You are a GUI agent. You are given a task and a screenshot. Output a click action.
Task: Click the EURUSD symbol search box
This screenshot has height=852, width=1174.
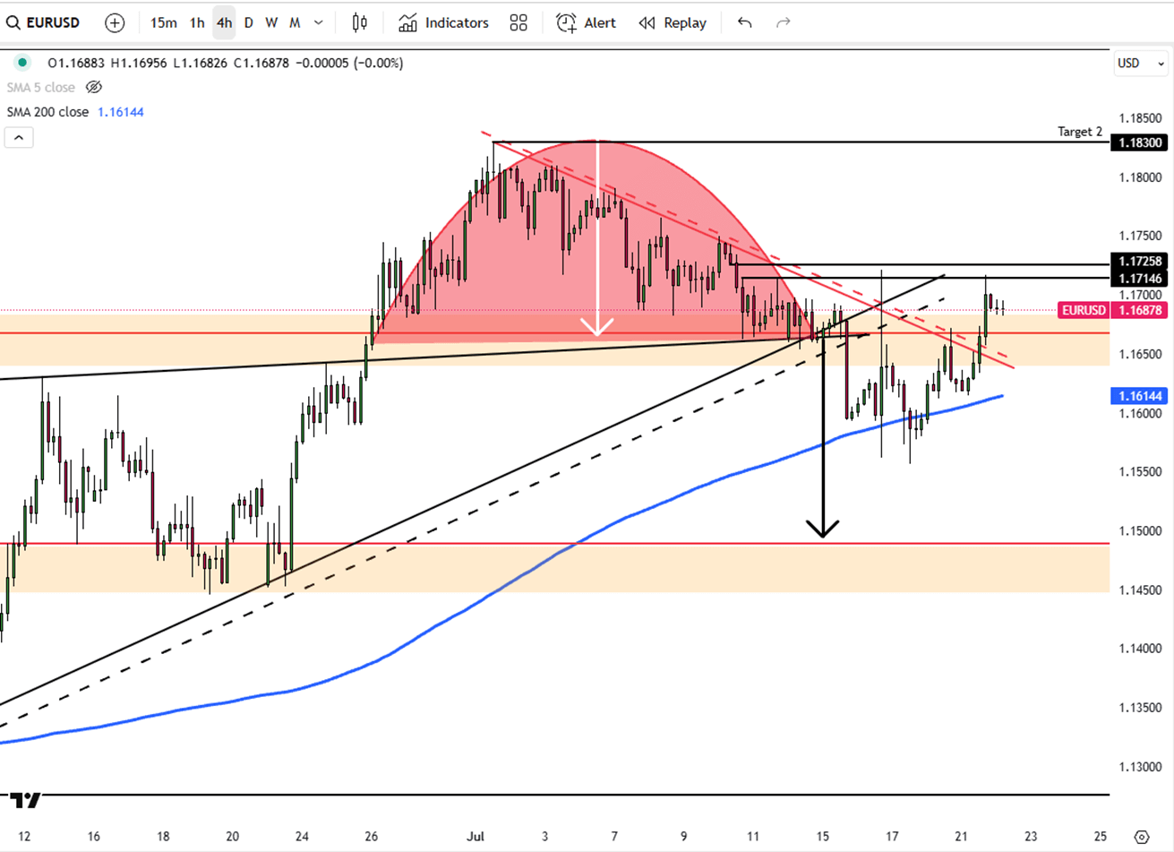pyautogui.click(x=45, y=22)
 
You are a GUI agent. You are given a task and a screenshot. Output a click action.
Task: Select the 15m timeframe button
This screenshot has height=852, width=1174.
pyautogui.click(x=163, y=22)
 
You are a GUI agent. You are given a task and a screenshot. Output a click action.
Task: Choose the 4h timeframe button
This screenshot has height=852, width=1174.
pyautogui.click(x=224, y=22)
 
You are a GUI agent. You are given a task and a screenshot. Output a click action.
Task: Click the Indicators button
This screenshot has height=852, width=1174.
pyautogui.click(x=444, y=22)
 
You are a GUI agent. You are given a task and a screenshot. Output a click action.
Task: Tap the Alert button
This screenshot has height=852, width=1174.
pyautogui.click(x=587, y=22)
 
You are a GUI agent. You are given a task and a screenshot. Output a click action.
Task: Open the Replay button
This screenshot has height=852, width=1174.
pyautogui.click(x=673, y=22)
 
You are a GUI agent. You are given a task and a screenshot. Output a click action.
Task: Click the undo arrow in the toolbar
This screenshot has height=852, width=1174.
pyautogui.click(x=744, y=22)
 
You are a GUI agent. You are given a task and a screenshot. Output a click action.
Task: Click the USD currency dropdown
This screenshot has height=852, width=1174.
pyautogui.click(x=1140, y=63)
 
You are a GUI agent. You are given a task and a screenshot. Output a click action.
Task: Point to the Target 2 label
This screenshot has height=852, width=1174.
pyautogui.click(x=1079, y=132)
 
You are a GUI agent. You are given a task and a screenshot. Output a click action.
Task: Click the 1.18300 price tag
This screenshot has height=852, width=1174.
pyautogui.click(x=1140, y=142)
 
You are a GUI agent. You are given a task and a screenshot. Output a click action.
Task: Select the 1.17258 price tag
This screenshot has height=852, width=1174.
pyautogui.click(x=1140, y=262)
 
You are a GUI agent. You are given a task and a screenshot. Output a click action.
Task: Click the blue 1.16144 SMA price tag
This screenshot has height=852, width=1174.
pyautogui.click(x=1140, y=396)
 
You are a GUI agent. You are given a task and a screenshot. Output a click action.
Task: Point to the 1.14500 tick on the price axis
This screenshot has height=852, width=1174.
pyautogui.click(x=1142, y=590)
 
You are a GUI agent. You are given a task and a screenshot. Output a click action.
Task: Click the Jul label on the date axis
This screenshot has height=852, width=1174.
pyautogui.click(x=475, y=837)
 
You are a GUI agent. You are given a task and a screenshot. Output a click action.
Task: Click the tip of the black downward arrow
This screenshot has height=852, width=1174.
pyautogui.click(x=823, y=535)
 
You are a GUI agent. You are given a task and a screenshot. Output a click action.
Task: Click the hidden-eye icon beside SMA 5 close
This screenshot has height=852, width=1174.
pyautogui.click(x=93, y=87)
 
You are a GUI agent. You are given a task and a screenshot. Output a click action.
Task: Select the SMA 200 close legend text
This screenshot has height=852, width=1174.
pyautogui.click(x=47, y=112)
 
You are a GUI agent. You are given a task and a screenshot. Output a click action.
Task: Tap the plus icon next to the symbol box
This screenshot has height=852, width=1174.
pyautogui.click(x=115, y=22)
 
